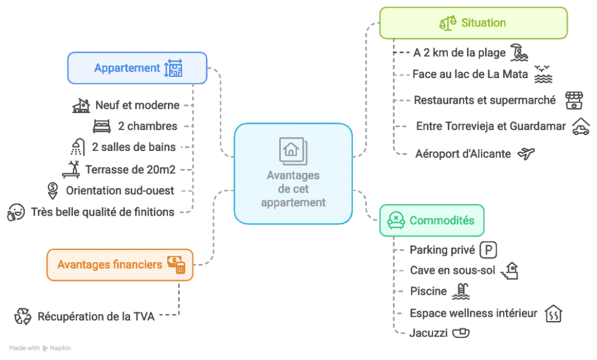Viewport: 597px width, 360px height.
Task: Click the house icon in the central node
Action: click(293, 151)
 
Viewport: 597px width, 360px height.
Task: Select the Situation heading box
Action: click(473, 23)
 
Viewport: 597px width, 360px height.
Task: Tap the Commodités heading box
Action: click(431, 220)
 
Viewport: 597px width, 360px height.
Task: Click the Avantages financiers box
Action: click(120, 265)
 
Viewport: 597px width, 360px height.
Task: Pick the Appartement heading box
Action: click(137, 68)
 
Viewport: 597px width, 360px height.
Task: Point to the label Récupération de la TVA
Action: click(96, 317)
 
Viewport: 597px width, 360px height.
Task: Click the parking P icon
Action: click(488, 250)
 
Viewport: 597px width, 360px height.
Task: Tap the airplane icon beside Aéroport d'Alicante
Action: click(526, 154)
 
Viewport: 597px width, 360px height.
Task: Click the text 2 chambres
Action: click(148, 126)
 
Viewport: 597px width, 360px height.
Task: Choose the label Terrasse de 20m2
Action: click(130, 170)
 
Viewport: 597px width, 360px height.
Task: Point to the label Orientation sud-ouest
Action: click(120, 190)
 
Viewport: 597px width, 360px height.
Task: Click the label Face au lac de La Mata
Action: click(470, 74)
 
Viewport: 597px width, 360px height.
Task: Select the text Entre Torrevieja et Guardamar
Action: click(491, 126)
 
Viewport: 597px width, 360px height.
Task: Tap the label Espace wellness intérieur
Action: click(473, 313)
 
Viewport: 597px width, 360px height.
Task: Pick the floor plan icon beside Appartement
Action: click(174, 68)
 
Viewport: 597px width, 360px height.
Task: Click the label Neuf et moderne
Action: click(138, 105)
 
